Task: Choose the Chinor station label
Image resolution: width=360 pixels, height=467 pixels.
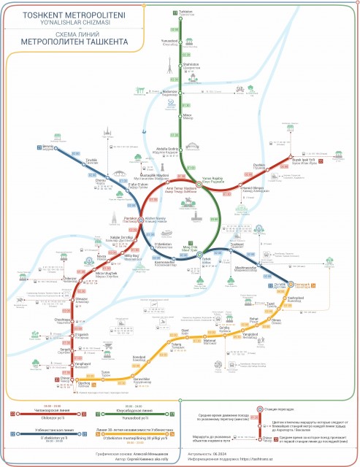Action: [x=65, y=379]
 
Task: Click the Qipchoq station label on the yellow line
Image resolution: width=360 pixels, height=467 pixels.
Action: [x=83, y=384]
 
